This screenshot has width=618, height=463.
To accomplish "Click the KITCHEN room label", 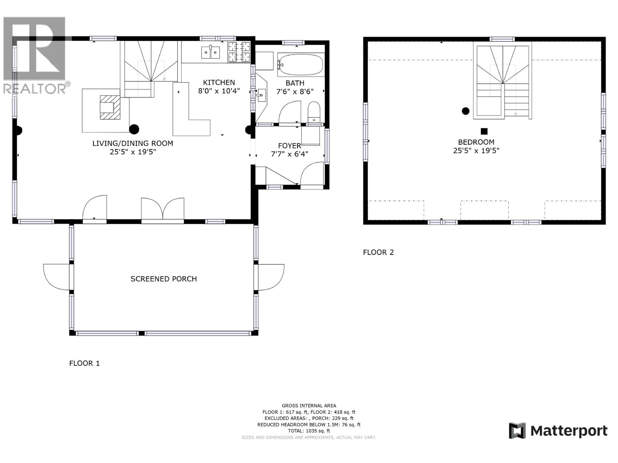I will [x=219, y=83].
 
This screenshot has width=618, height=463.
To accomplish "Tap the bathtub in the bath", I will [x=301, y=65].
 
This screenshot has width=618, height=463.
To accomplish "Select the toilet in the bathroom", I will [x=314, y=112].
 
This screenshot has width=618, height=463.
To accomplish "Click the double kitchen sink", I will [x=211, y=52].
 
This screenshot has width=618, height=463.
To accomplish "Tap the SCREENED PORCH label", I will [x=163, y=279].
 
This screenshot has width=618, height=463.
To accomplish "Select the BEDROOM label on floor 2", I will [x=476, y=142].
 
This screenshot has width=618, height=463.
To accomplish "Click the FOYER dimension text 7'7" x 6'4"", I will [x=289, y=154].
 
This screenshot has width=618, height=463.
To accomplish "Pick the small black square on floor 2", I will [x=484, y=131].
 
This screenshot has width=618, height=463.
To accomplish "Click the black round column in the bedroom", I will [x=465, y=111].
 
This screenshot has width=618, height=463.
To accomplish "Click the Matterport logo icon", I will [x=517, y=431].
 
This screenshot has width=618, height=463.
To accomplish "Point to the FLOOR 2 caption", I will [x=378, y=252].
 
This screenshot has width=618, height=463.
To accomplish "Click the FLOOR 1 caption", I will [x=84, y=363].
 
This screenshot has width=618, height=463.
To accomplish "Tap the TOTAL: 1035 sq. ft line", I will [x=309, y=431].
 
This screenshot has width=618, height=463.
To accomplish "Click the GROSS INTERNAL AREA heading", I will [x=309, y=406].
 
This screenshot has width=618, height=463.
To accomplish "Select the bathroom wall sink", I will [x=261, y=95].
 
